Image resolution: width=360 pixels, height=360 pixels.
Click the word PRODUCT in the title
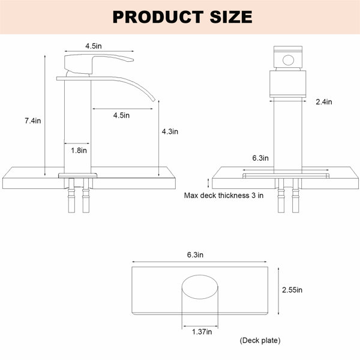[158, 17]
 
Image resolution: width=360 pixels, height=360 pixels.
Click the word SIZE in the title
[231, 17]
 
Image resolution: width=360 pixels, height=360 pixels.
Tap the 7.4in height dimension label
[33, 121]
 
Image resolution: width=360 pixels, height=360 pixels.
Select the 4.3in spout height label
[170, 131]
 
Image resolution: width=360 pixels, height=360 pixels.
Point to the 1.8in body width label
[79, 151]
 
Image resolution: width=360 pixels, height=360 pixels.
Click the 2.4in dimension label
[324, 102]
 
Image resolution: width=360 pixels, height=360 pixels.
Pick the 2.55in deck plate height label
[292, 290]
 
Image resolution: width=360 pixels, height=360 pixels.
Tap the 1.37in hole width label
[202, 332]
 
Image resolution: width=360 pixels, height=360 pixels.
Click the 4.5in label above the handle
[94, 46]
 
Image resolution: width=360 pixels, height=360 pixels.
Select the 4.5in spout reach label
[121, 115]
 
